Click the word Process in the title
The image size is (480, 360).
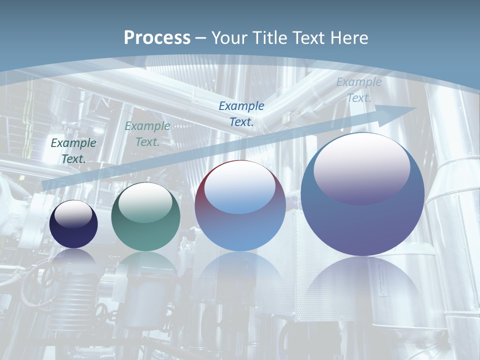coord(157,38)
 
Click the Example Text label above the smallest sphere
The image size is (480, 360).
coord(73,150)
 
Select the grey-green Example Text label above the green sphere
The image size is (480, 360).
coord(147,134)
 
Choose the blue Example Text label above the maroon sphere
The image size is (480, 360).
coord(241,113)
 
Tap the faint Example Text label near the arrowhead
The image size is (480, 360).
coord(358,90)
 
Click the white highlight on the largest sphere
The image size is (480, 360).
coord(361,167)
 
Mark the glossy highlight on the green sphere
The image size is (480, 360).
coord(145,203)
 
